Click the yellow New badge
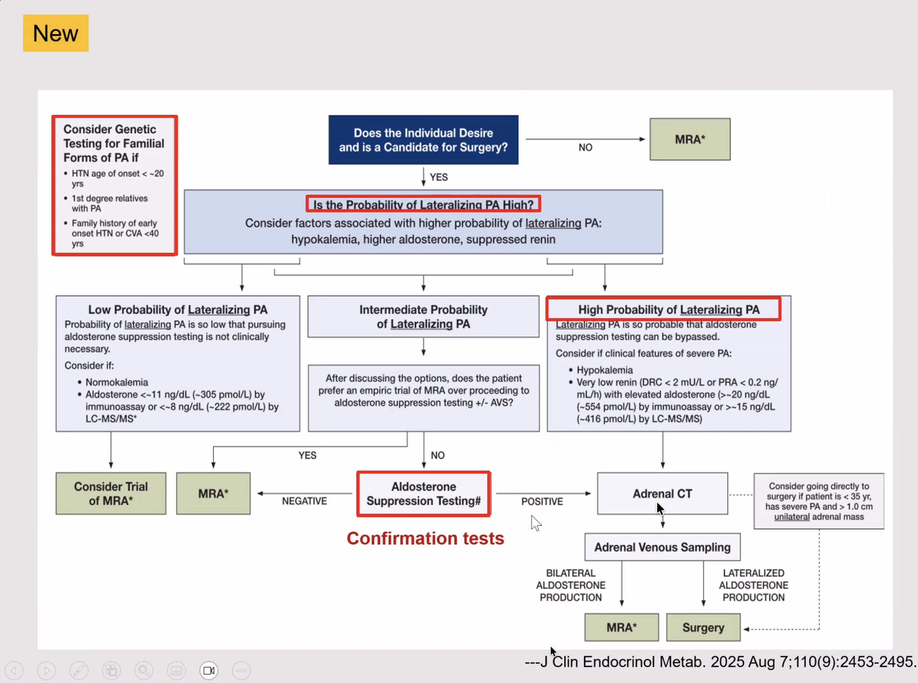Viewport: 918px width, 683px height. click(55, 33)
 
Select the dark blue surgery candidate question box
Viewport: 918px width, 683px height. click(423, 140)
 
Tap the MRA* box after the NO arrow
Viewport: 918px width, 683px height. click(690, 139)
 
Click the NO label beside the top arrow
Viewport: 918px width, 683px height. click(585, 148)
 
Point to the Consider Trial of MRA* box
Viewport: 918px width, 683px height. click(111, 493)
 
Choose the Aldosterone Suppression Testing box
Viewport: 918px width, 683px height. click(423, 493)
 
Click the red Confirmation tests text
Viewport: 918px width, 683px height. click(425, 538)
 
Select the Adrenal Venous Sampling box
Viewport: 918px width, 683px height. click(662, 547)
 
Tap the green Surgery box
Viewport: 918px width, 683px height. click(703, 627)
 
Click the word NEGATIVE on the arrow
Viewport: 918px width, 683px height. click(304, 501)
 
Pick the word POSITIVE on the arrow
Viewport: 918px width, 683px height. click(542, 501)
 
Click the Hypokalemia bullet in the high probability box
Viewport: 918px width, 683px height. click(604, 370)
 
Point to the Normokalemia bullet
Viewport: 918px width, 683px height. click(116, 382)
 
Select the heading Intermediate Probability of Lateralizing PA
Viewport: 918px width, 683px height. click(423, 317)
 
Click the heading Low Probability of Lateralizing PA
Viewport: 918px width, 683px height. click(177, 310)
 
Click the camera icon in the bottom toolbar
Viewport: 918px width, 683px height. click(209, 670)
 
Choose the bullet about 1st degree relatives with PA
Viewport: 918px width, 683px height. click(109, 203)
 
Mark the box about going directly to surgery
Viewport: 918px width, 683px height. click(818, 501)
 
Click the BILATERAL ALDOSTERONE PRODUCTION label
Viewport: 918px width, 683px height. click(570, 585)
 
